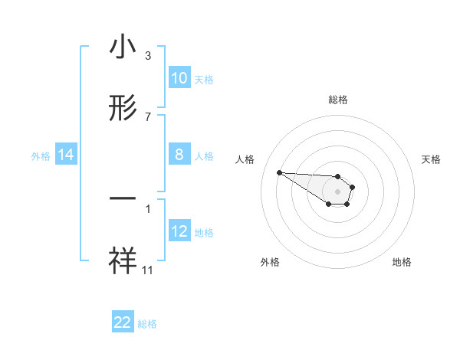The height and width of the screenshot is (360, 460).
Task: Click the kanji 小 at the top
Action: click(x=123, y=47)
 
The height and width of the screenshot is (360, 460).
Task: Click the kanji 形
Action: click(x=123, y=109)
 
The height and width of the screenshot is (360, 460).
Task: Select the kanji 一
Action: click(x=123, y=198)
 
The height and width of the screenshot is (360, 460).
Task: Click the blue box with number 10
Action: click(x=179, y=78)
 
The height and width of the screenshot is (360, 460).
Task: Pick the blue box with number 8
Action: click(x=179, y=155)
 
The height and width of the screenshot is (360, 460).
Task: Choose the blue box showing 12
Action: click(x=179, y=231)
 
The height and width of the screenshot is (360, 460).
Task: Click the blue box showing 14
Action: click(x=66, y=155)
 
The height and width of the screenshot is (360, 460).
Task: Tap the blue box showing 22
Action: click(x=123, y=322)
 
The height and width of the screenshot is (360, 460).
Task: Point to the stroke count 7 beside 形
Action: click(x=148, y=116)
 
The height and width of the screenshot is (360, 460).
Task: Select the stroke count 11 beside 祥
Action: click(x=148, y=270)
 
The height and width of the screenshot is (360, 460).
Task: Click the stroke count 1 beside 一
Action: click(x=148, y=208)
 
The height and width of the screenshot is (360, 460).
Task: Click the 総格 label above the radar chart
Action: click(x=338, y=100)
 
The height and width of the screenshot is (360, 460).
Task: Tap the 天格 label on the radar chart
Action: click(x=431, y=159)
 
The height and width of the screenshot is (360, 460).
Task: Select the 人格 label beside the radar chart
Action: click(x=245, y=159)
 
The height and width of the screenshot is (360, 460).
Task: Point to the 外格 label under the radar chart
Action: click(x=270, y=262)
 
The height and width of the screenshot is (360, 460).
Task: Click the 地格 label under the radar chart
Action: click(x=402, y=262)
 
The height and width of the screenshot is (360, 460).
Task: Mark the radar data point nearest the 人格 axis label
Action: click(x=279, y=172)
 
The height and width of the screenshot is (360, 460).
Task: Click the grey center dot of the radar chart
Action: click(x=338, y=191)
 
